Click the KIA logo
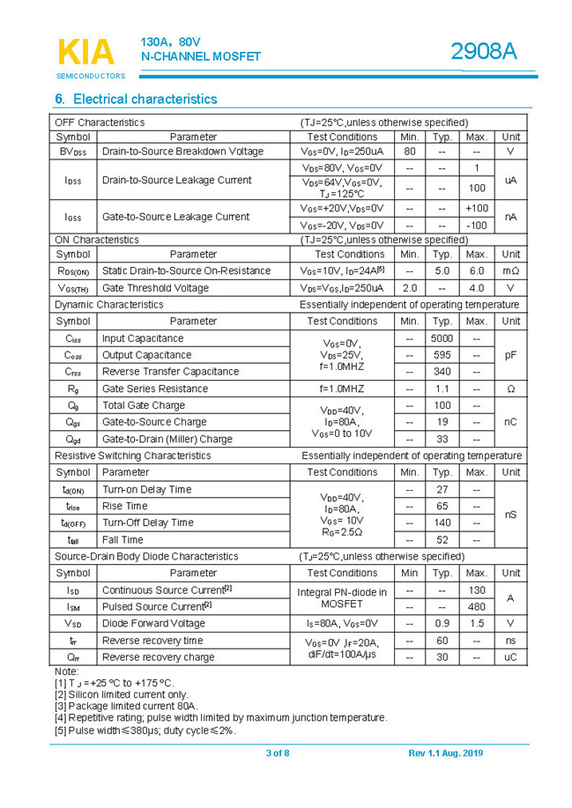[x=85, y=52]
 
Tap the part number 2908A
[x=483, y=52]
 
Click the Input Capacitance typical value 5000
[x=442, y=338]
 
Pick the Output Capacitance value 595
[x=442, y=355]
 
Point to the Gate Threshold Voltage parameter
[x=155, y=288]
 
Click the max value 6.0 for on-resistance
[x=476, y=271]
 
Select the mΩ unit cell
[x=510, y=271]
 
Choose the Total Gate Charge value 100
[x=442, y=405]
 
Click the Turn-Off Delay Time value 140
[x=442, y=523]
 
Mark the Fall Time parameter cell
[x=123, y=539]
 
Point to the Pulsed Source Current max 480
[x=476, y=606]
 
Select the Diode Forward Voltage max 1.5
[x=476, y=623]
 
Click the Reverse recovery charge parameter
[x=158, y=657]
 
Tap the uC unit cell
[x=510, y=657]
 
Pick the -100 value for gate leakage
[x=476, y=226]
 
